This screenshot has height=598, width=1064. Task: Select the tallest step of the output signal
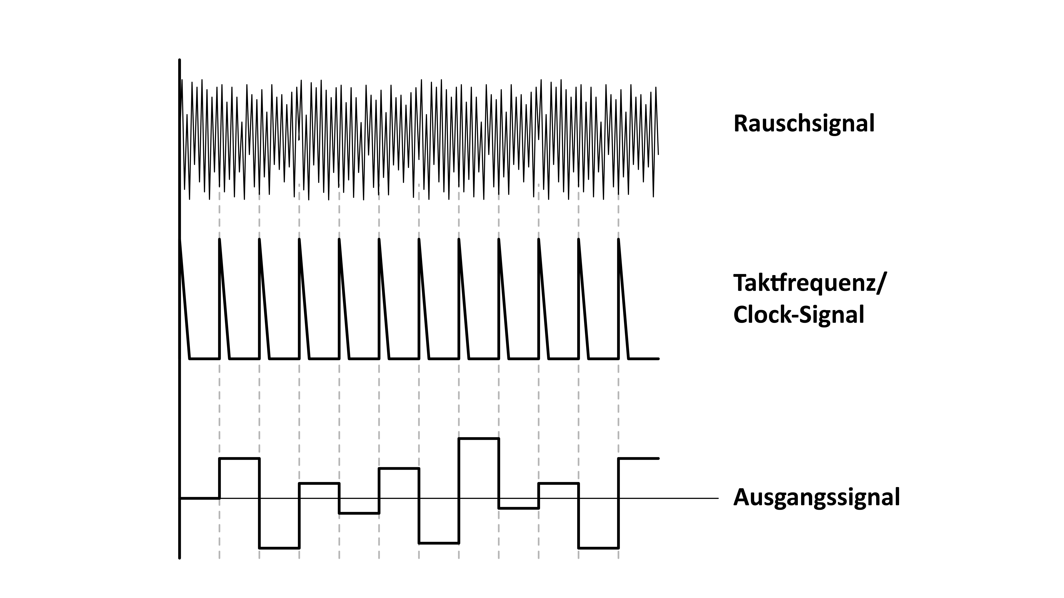coord(479,439)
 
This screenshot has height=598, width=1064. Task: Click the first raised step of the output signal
coord(239,458)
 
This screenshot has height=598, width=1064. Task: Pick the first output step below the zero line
coord(279,548)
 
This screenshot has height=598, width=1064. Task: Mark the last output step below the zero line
coord(598,548)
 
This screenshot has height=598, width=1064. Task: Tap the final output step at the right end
coord(638,458)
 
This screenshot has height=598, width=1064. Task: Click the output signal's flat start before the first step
coord(199,499)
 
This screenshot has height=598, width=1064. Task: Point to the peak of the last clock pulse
coord(618,239)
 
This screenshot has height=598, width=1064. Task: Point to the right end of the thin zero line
coord(718,499)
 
